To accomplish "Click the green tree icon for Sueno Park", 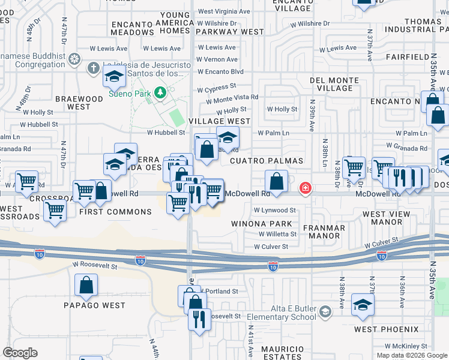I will (x=160, y=92).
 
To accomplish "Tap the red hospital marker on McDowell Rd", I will (x=306, y=189).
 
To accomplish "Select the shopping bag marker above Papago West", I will (x=86, y=286).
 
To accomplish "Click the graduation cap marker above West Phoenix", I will (x=363, y=305).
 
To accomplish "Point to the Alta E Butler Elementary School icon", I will (x=325, y=311).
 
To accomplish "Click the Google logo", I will (x=20, y=352).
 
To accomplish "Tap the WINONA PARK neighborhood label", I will (x=262, y=224).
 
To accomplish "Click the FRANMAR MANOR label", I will (x=324, y=232).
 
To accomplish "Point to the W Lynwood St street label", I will (x=274, y=211).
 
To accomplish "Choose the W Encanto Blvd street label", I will (x=221, y=71).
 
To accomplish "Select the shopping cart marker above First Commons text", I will (x=84, y=191).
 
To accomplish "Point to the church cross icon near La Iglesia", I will (x=93, y=68).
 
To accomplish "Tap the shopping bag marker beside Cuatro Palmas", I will (x=276, y=181).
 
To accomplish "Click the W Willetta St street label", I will (x=278, y=235).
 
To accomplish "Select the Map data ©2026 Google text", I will (x=411, y=355).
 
